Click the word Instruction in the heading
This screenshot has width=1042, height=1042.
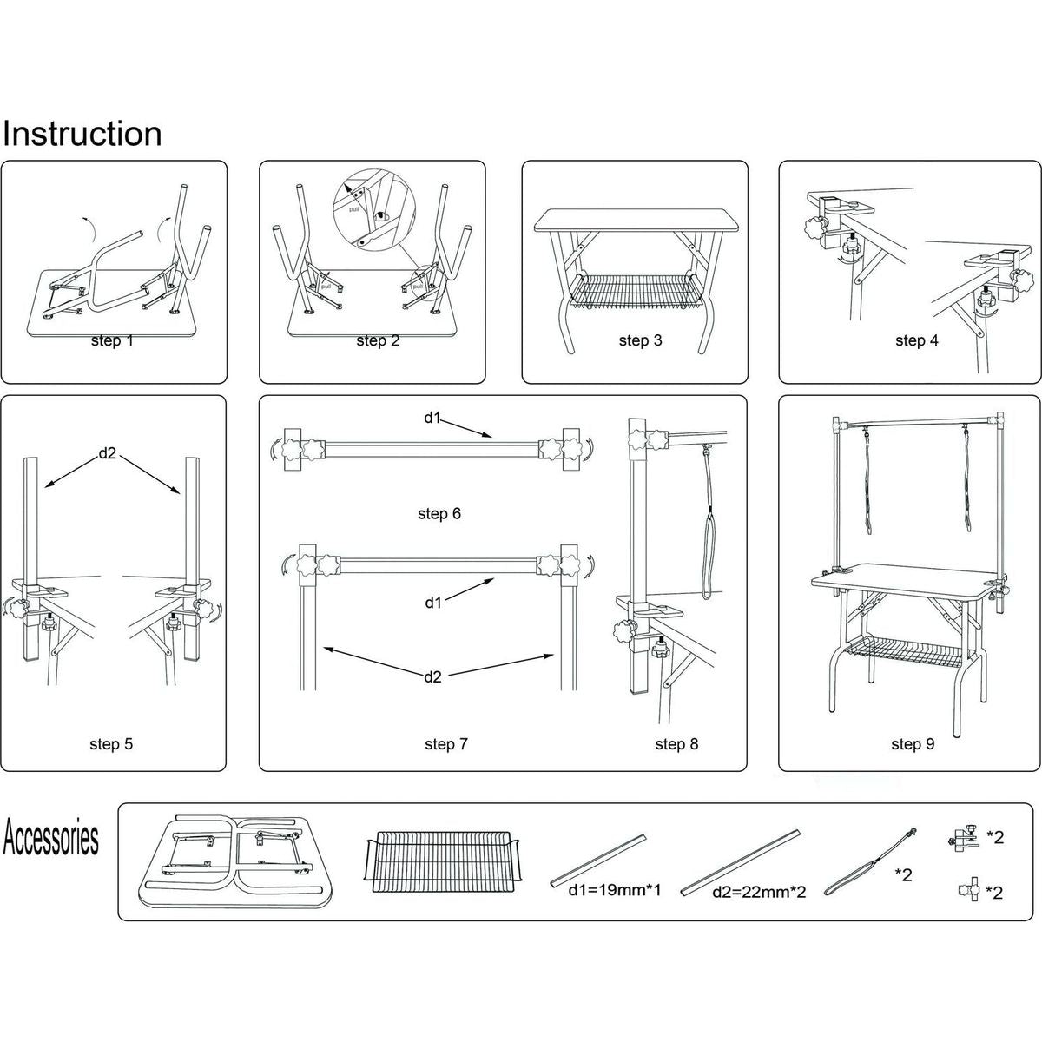tap(82, 135)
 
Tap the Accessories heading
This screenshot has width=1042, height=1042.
tap(50, 839)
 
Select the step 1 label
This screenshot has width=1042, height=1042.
tap(112, 341)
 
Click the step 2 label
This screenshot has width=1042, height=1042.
tap(378, 341)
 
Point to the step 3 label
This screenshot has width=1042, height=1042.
tap(640, 341)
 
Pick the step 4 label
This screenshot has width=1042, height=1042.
tap(916, 341)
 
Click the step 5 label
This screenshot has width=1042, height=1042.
tap(111, 744)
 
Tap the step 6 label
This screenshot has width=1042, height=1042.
tap(439, 514)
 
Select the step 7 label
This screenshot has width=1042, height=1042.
tap(446, 744)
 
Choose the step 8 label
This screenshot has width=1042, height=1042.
tap(676, 744)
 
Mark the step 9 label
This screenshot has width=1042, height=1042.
tap(913, 744)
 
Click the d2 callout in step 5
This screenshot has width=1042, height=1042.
tap(108, 452)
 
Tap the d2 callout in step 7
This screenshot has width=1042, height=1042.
tap(432, 676)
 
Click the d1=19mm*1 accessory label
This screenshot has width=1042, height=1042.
tap(615, 890)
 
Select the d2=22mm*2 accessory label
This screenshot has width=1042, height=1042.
tap(759, 892)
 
